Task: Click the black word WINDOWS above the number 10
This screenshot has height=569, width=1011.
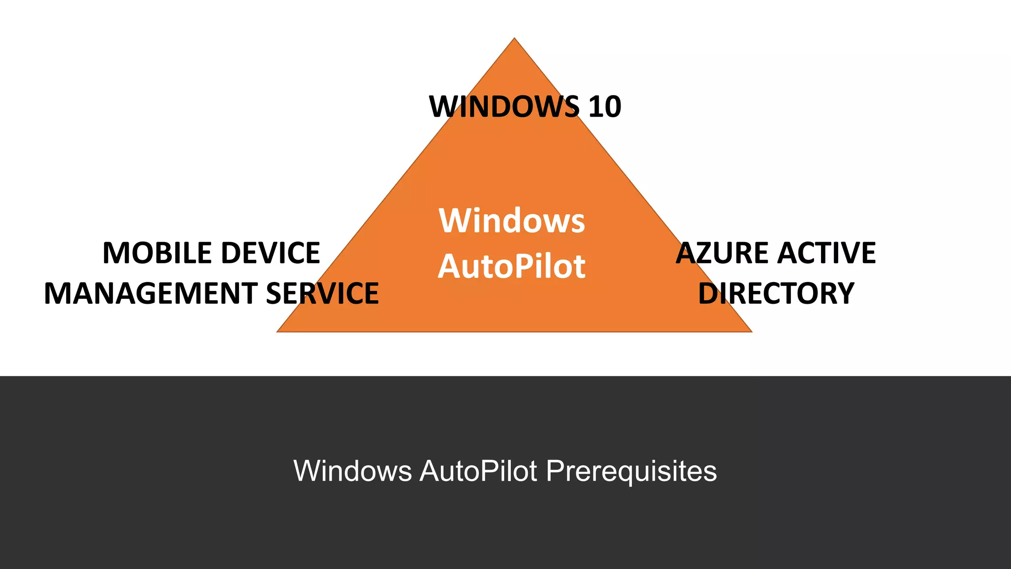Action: coord(504,107)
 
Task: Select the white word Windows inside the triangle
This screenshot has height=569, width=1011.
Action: coord(512,221)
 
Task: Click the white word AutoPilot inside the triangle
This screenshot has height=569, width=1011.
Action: coord(512,267)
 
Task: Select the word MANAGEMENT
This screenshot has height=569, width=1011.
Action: coord(151,293)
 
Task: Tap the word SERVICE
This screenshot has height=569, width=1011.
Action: coord(322,293)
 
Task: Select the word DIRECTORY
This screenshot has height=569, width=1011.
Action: coord(776,293)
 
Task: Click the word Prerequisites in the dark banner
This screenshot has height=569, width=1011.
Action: coord(631,471)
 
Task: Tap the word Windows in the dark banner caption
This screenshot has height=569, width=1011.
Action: coord(352,471)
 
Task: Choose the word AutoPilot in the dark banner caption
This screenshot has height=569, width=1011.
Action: coord(478,471)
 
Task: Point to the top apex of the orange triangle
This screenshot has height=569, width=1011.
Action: coord(514,39)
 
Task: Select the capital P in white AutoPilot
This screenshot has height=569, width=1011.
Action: coord(522,267)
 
